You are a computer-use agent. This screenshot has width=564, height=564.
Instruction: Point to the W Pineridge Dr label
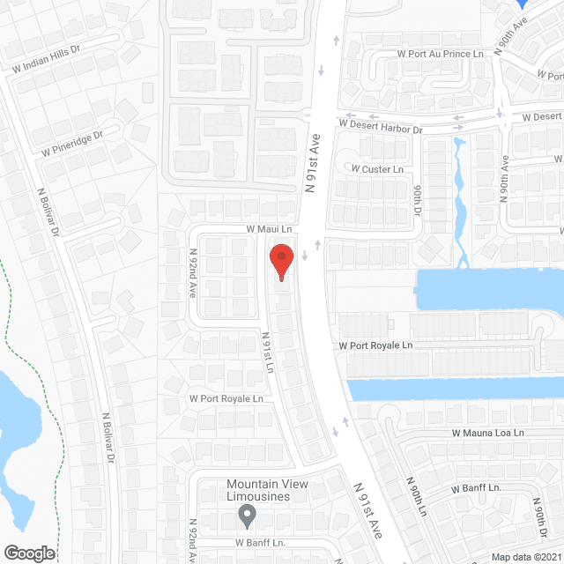(x=72, y=144)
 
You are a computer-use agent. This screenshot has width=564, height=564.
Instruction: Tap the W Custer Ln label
(x=377, y=168)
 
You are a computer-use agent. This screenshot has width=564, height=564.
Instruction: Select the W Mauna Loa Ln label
(x=488, y=433)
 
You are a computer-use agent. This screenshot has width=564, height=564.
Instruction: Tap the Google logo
(x=29, y=553)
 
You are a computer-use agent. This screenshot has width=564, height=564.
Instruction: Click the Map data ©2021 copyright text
(x=525, y=556)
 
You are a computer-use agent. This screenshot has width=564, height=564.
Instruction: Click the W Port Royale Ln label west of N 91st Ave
(x=226, y=398)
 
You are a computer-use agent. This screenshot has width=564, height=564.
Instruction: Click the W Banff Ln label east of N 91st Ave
(x=476, y=487)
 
